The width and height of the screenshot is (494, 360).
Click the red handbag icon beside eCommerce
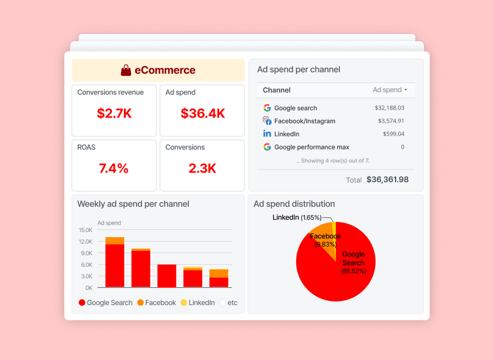coord(126,70)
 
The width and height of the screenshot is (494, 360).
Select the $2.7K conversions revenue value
coord(114,113)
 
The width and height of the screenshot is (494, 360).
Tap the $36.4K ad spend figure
coord(202,113)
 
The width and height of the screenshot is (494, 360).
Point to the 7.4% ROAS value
coord(113,168)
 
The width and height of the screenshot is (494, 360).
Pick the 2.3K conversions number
coord(202,168)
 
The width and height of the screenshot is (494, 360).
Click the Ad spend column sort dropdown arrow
coord(405,90)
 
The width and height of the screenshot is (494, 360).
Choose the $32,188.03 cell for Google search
coord(389,108)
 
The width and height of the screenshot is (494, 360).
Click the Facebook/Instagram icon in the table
coord(267,121)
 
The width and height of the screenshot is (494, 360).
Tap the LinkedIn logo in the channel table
coord(267,134)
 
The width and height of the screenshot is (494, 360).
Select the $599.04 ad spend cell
coord(393,134)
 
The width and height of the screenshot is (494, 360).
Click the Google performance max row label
coord(311,147)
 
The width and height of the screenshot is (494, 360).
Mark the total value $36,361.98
coord(387,179)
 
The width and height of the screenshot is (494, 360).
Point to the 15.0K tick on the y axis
coord(85,230)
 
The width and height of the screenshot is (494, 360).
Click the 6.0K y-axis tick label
coord(85,265)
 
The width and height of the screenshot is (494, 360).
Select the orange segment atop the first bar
coord(114,240)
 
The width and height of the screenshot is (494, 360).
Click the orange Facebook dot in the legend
coord(140,302)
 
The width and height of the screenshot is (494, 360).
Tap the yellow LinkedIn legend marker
coord(183,302)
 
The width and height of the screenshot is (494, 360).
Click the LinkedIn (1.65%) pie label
coord(297,217)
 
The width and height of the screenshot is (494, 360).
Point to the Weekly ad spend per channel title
coord(133,204)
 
